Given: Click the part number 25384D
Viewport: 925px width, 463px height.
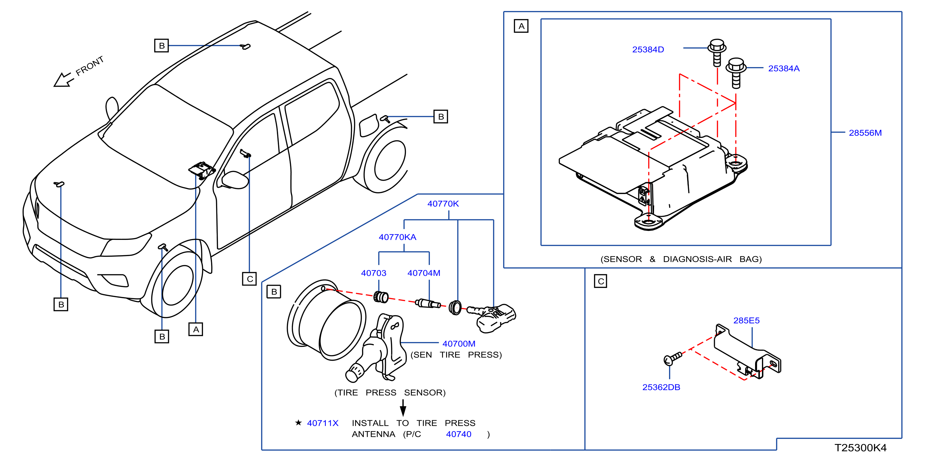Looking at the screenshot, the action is (x=648, y=50).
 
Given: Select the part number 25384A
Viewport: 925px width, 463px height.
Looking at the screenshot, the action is (x=783, y=68).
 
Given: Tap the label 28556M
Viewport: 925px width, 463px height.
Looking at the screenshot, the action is (x=865, y=133).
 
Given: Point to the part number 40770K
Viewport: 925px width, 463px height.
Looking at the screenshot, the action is (x=443, y=203).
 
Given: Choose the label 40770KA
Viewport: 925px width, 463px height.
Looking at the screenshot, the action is (x=397, y=237).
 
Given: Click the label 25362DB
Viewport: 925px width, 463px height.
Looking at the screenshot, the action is (x=661, y=387).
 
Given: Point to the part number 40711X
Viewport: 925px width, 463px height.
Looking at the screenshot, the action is (x=322, y=423).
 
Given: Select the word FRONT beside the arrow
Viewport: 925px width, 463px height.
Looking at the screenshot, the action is (x=89, y=66).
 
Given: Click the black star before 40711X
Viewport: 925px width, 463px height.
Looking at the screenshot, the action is (x=298, y=422).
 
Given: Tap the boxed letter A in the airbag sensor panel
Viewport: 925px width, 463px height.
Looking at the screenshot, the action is (x=521, y=26).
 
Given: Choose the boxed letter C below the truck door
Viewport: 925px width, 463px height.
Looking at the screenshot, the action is (x=249, y=279).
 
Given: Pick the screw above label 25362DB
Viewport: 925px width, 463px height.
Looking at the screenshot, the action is (x=672, y=359).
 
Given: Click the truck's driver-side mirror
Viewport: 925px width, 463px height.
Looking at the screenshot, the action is (x=235, y=179).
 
